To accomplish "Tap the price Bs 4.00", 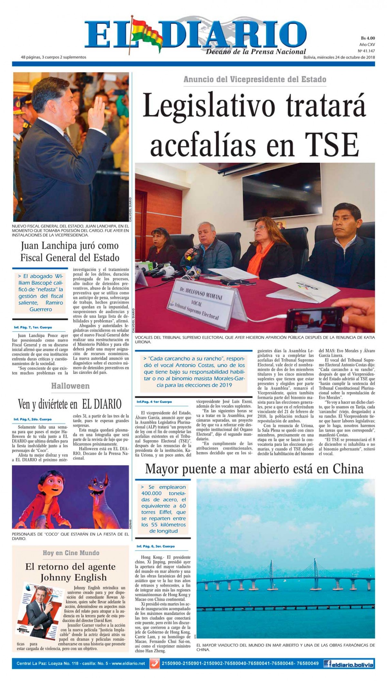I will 368,38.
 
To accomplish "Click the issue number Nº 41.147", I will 366,51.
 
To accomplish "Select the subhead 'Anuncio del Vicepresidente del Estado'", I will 255,79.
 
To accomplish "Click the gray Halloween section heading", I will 70,386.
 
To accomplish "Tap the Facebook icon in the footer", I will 328,664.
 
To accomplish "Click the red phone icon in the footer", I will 155,664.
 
